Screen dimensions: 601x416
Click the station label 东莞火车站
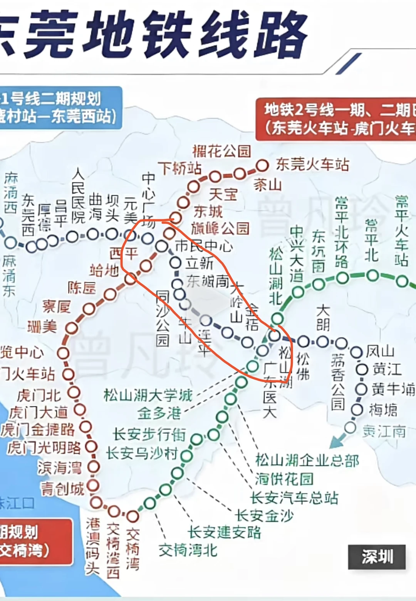coord(312,165)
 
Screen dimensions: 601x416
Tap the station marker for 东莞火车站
coord(262,166)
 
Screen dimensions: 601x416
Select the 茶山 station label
coord(268,185)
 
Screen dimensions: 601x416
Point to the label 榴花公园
coord(221,151)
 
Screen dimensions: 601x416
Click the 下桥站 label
coord(180,168)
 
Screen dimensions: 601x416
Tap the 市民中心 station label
coord(204,245)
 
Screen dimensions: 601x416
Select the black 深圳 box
coord(377,556)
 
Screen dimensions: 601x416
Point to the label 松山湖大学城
coord(148,395)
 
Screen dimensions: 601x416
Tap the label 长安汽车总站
coord(294,498)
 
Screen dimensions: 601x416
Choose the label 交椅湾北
coord(188,550)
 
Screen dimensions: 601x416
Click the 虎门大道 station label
coord(39,413)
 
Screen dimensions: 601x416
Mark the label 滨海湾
coord(60,468)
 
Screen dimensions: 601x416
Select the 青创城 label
coord(62,489)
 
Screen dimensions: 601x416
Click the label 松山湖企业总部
coord(307,460)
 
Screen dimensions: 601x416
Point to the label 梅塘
coord(383,410)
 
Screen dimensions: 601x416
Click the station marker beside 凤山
coord(356,352)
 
